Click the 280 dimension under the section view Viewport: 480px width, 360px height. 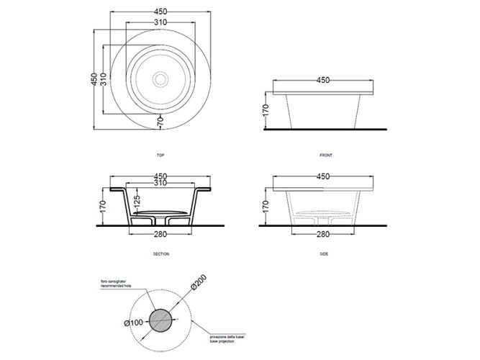pos(160,234)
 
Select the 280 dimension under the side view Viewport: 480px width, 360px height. pos(324,234)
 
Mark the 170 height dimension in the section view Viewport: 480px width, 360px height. pos(103,209)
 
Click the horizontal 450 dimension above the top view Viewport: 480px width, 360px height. pos(160,11)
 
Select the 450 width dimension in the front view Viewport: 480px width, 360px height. pos(324,80)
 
